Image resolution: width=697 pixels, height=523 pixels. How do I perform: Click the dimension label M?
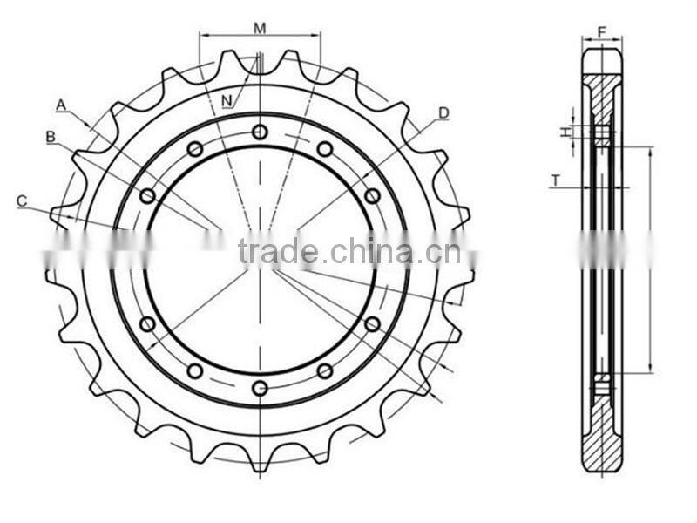(260, 27)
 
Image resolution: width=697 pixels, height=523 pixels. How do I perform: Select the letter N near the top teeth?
(227, 100)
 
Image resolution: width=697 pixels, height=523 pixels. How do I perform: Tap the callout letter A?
(61, 105)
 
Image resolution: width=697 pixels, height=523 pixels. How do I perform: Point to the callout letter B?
(51, 136)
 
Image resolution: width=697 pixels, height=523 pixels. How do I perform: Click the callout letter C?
(22, 200)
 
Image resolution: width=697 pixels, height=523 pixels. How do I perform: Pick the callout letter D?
(443, 112)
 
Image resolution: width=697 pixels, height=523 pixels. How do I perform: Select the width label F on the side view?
(602, 32)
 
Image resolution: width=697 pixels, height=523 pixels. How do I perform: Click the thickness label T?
(555, 180)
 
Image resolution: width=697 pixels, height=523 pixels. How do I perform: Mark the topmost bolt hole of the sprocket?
(260, 132)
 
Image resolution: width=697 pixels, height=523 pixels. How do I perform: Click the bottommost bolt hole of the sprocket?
(260, 388)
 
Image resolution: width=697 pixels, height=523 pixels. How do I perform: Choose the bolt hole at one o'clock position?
(324, 149)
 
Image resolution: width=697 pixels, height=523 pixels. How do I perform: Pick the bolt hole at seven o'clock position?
(195, 370)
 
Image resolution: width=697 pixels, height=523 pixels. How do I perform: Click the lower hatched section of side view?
(602, 436)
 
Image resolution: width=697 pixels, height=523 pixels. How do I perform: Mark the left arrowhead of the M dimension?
(203, 36)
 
